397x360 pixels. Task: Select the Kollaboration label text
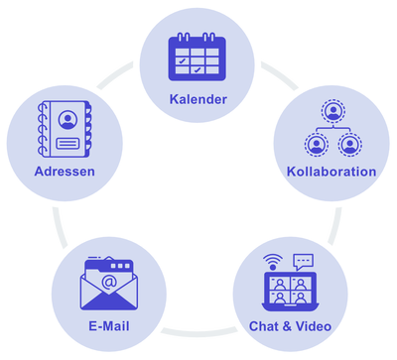pos(331,171)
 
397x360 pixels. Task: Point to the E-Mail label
pos(110,325)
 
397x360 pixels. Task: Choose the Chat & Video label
pos(289,325)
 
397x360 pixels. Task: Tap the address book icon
pos(64,128)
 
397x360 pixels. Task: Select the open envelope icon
pos(110,285)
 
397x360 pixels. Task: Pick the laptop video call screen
pos(289,290)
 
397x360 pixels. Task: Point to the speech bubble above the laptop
pos(303,260)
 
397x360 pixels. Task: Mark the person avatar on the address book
pos(66,120)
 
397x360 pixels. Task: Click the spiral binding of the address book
pos(40,128)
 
